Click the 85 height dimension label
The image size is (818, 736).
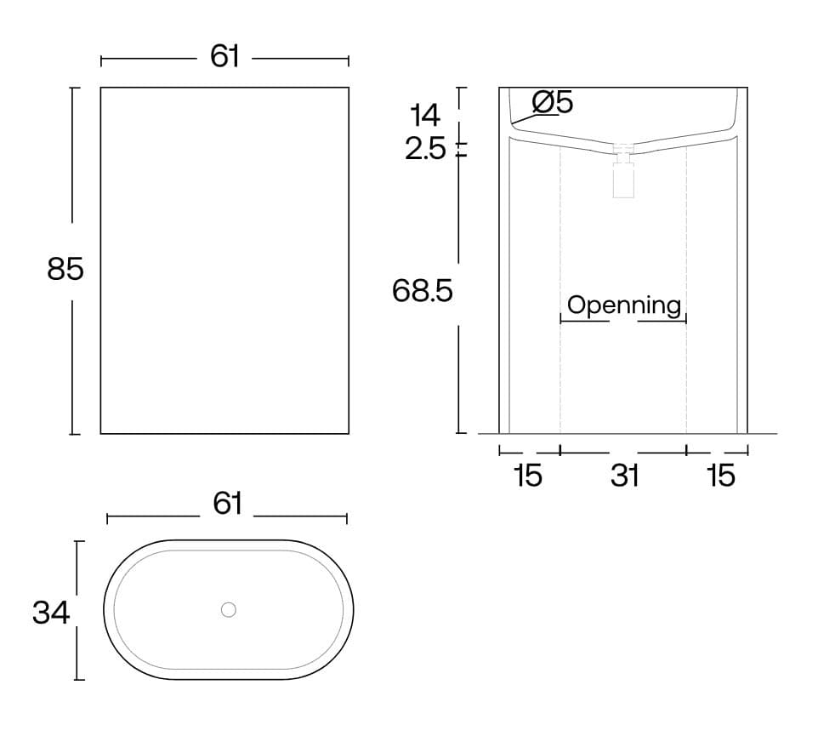click(x=65, y=270)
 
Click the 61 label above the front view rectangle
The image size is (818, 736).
click(x=224, y=56)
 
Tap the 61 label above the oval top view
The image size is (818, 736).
click(x=227, y=504)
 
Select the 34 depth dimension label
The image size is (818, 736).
click(x=51, y=613)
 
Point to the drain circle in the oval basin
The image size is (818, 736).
click(x=229, y=610)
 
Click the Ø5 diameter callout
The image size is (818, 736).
click(x=553, y=102)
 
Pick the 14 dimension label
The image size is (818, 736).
click(x=425, y=115)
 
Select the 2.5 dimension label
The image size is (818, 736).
click(x=426, y=149)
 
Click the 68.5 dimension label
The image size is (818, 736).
click(x=422, y=291)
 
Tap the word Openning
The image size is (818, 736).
click(x=624, y=305)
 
